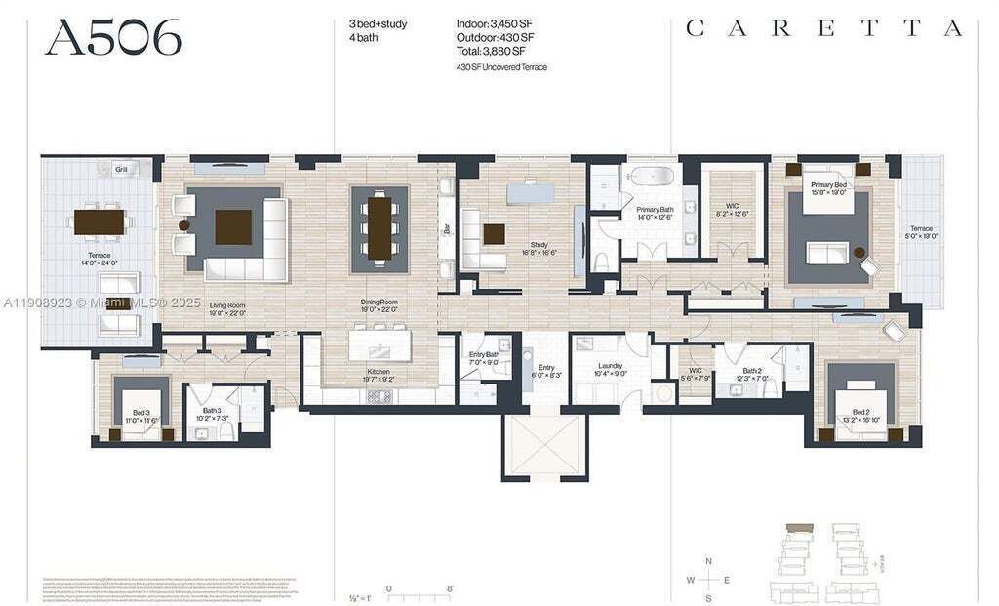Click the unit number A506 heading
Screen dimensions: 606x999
[113, 38]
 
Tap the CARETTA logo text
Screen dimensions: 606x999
[824, 29]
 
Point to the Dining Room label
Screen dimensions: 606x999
[379, 305]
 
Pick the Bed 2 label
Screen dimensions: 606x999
[859, 415]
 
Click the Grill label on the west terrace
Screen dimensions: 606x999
[122, 169]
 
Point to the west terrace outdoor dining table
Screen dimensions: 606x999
[100, 222]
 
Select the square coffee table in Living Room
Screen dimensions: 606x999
[233, 226]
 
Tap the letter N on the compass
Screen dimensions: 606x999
[710, 561]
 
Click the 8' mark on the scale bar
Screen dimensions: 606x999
[449, 588]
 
